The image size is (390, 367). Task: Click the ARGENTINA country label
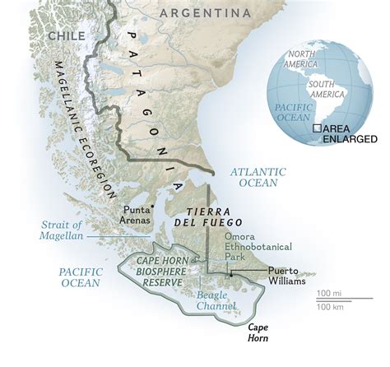205,13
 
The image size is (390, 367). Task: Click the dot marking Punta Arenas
153,207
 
